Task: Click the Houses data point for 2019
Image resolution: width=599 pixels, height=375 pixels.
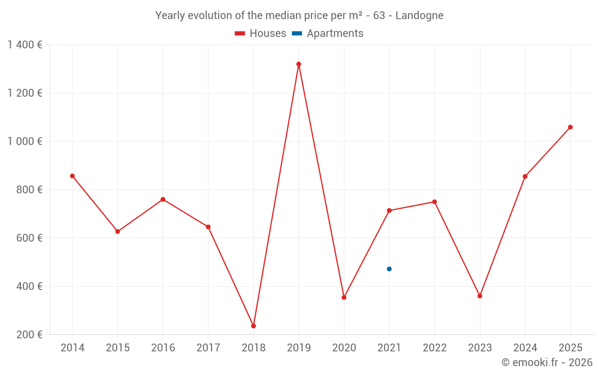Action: click(x=298, y=64)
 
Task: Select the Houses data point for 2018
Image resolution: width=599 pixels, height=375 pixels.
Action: click(x=253, y=326)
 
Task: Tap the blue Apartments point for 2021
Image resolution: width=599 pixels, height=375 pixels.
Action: click(x=389, y=269)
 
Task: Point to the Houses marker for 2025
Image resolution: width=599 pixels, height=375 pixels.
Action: click(x=570, y=127)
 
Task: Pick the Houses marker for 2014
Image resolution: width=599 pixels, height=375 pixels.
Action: click(x=72, y=176)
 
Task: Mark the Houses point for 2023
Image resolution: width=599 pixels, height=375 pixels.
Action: click(x=480, y=296)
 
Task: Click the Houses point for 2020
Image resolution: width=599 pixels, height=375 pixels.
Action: click(x=344, y=298)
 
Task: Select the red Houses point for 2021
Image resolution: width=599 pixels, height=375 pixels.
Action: click(x=389, y=211)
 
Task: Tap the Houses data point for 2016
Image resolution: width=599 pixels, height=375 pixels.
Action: click(x=163, y=199)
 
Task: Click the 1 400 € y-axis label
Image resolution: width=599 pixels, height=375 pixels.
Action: click(x=25, y=45)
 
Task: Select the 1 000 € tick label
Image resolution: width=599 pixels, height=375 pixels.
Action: click(x=25, y=142)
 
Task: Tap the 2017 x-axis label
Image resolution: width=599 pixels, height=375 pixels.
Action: click(x=208, y=348)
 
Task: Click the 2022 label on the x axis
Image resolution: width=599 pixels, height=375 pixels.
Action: click(x=434, y=348)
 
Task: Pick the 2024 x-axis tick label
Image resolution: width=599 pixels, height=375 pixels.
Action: click(x=525, y=348)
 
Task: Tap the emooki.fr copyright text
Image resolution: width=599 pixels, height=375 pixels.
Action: click(x=547, y=362)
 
